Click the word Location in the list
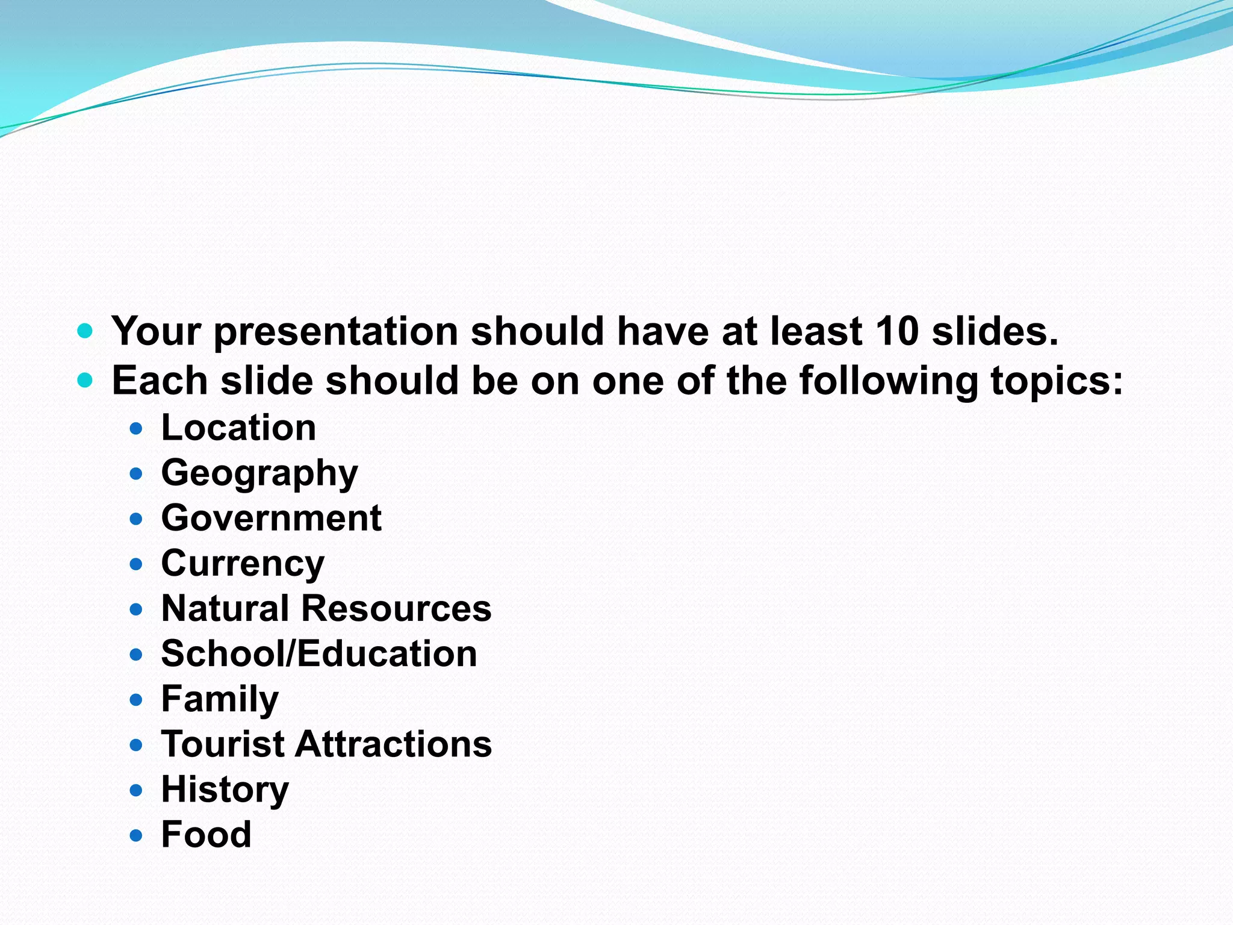[x=238, y=428]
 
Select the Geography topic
[x=259, y=473]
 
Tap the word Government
[x=271, y=518]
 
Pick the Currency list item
[x=243, y=564]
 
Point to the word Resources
[x=396, y=608]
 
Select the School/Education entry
[x=319, y=654]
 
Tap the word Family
[x=220, y=699]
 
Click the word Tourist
[x=223, y=744]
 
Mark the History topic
[x=225, y=790]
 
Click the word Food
[x=206, y=835]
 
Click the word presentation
[x=336, y=332]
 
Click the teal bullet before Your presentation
[x=85, y=331]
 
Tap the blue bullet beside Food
[x=136, y=835]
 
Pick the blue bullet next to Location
[x=136, y=429]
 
